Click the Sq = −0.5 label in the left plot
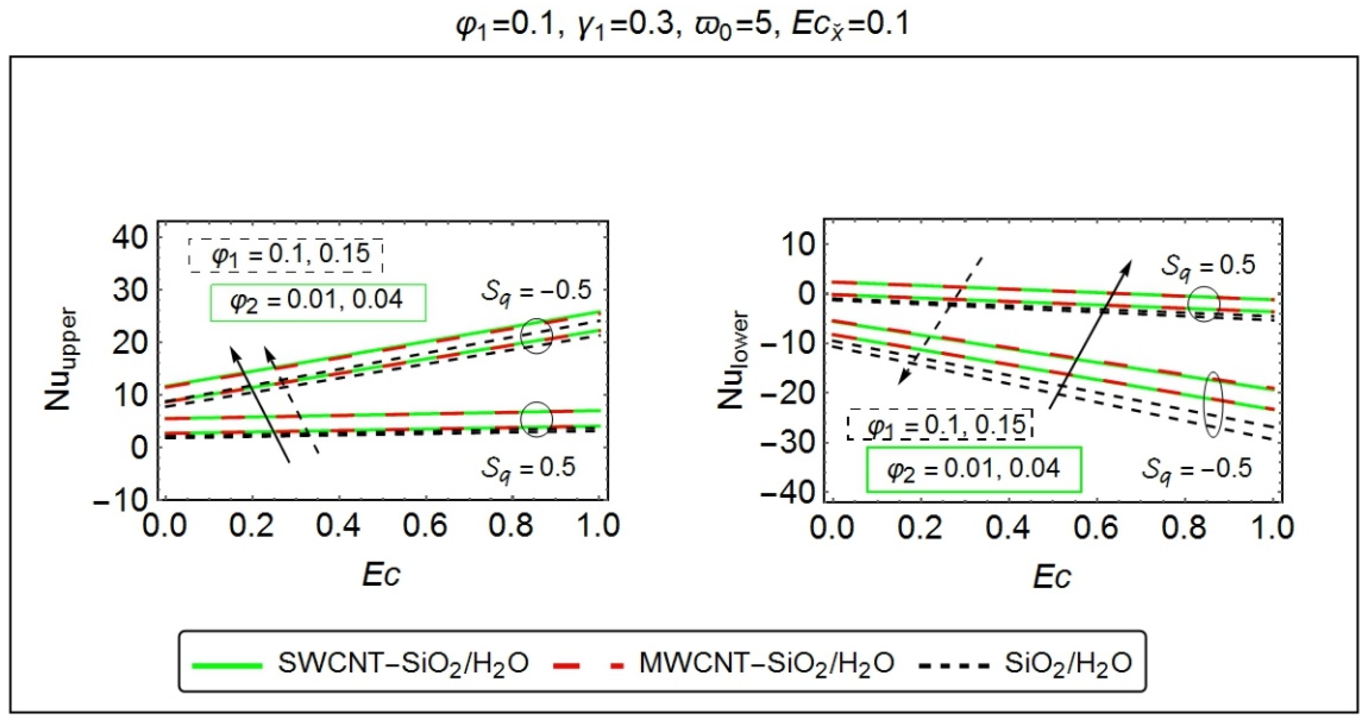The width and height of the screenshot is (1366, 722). click(x=536, y=292)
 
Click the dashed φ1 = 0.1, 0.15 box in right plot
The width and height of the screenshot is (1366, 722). click(x=940, y=425)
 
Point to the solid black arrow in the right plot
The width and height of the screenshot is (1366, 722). click(x=1090, y=334)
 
